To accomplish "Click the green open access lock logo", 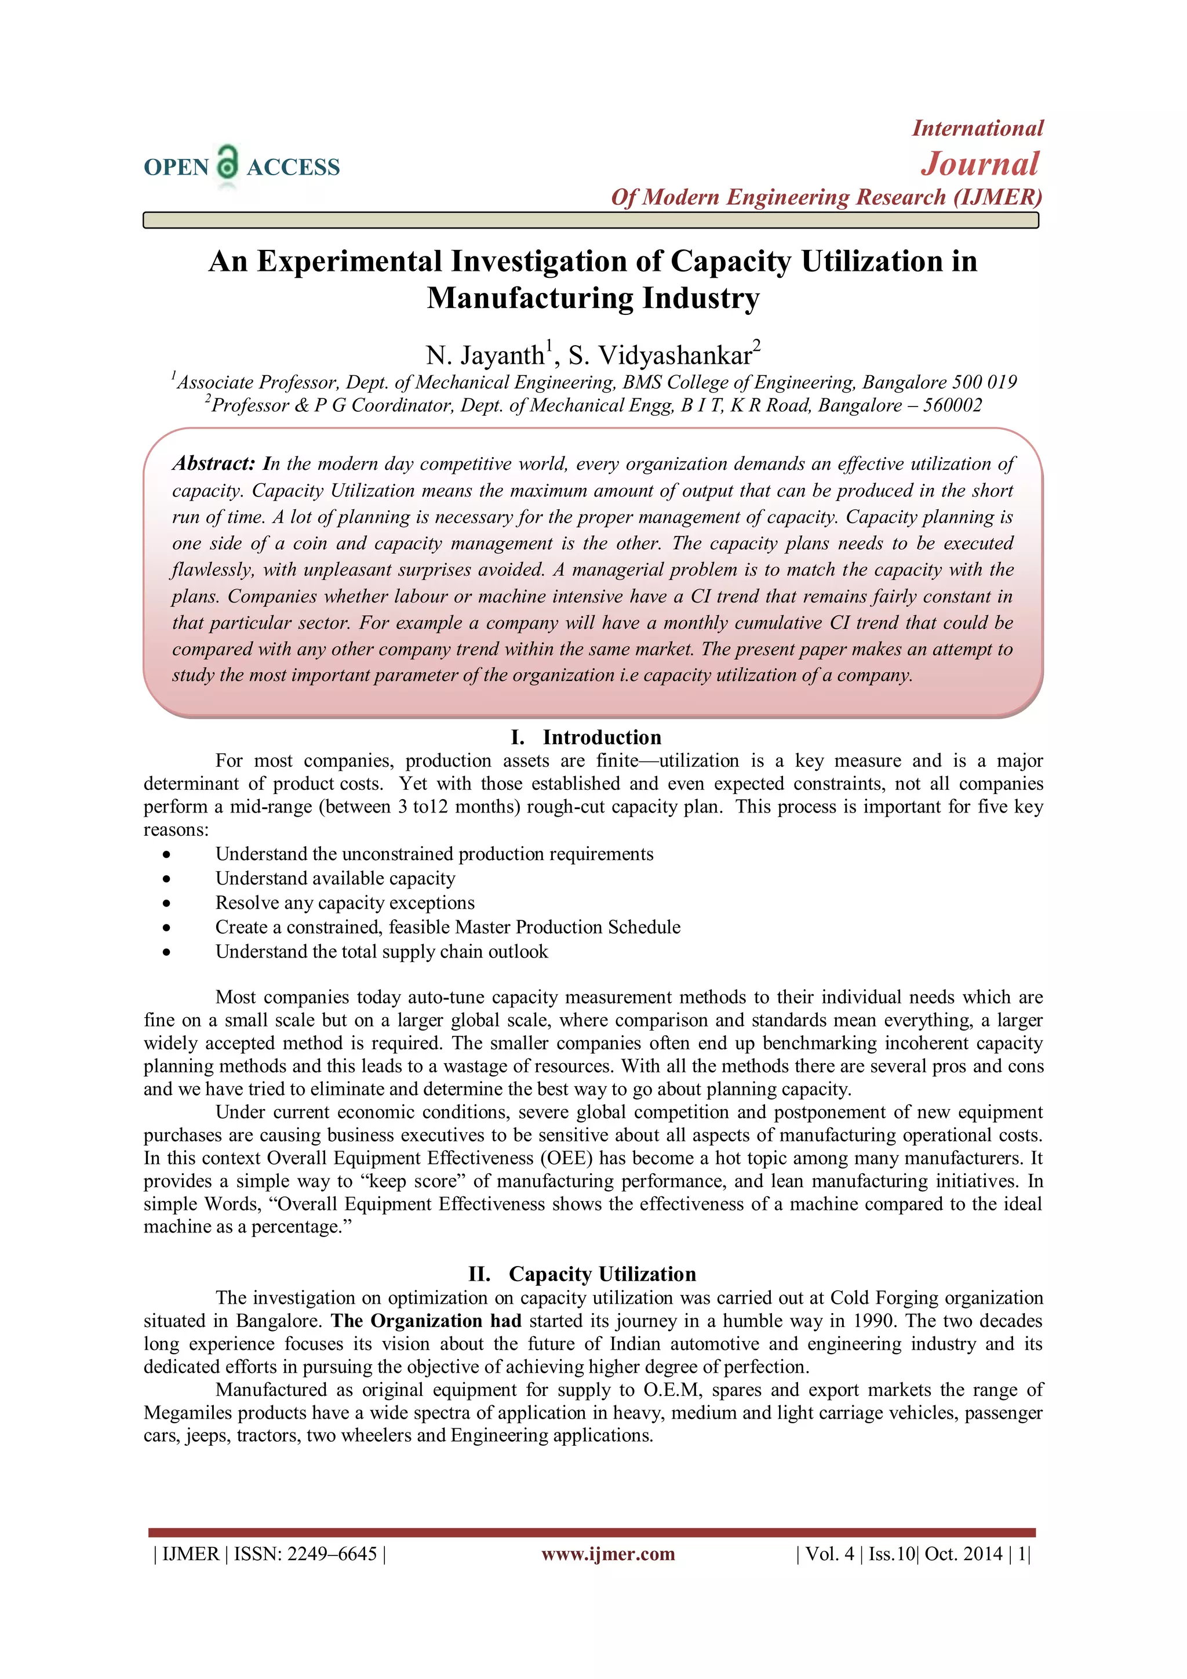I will coord(228,162).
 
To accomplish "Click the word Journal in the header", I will coord(980,164).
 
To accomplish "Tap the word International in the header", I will coord(977,129).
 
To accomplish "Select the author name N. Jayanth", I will coord(485,356).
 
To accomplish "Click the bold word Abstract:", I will coord(213,463).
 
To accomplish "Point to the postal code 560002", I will coord(952,405).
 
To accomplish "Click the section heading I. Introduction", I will coord(585,737).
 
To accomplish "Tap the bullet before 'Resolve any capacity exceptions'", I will coord(168,904).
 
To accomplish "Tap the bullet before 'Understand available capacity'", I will coord(168,879).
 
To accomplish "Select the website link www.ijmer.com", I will coord(608,1553).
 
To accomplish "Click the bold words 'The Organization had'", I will coord(426,1321).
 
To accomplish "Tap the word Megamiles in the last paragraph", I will coord(188,1413).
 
